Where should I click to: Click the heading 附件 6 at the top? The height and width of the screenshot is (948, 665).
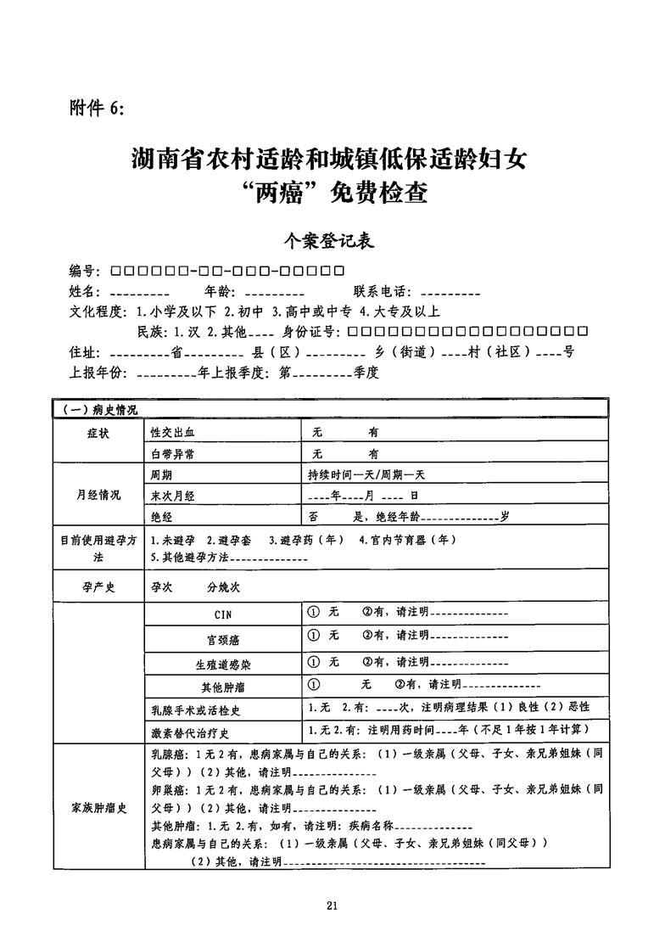pos(97,108)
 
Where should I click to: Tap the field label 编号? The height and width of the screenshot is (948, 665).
pos(86,272)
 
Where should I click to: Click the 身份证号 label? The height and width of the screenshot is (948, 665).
pos(311,331)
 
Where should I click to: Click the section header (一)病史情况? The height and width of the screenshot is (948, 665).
pos(100,409)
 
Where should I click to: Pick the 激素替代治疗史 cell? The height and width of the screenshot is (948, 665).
pos(190,732)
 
